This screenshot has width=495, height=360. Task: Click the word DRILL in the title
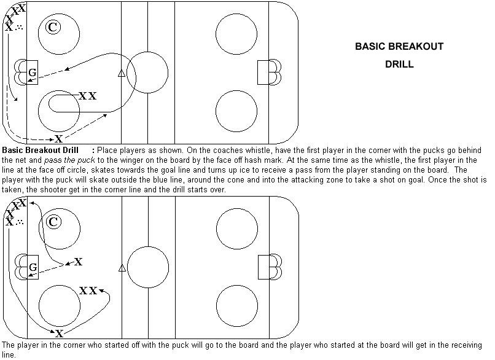[x=399, y=64]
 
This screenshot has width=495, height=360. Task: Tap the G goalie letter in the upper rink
[x=33, y=72]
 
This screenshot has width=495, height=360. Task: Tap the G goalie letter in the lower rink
[x=33, y=267]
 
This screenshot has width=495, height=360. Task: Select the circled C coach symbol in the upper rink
[x=53, y=27]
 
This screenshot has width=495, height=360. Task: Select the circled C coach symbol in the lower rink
[x=53, y=222]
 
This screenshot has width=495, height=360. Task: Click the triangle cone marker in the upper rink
[x=122, y=74]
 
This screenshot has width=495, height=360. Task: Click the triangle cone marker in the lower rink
[x=122, y=268]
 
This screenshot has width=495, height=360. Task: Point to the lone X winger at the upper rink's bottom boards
[x=59, y=139]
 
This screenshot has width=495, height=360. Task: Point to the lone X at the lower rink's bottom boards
[x=60, y=334]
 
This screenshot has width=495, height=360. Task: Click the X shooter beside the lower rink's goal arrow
[x=78, y=262]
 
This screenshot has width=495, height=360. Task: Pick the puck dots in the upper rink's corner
[x=19, y=28]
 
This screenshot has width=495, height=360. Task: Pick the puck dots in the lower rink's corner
[x=20, y=222]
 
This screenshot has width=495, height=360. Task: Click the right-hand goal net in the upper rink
[x=263, y=72]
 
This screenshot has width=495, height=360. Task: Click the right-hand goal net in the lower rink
[x=264, y=267]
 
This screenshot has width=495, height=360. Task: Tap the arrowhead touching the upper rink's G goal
[x=30, y=81]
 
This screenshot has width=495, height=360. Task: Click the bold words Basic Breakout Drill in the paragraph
[x=40, y=150]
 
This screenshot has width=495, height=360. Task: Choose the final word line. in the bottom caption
[x=9, y=355]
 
